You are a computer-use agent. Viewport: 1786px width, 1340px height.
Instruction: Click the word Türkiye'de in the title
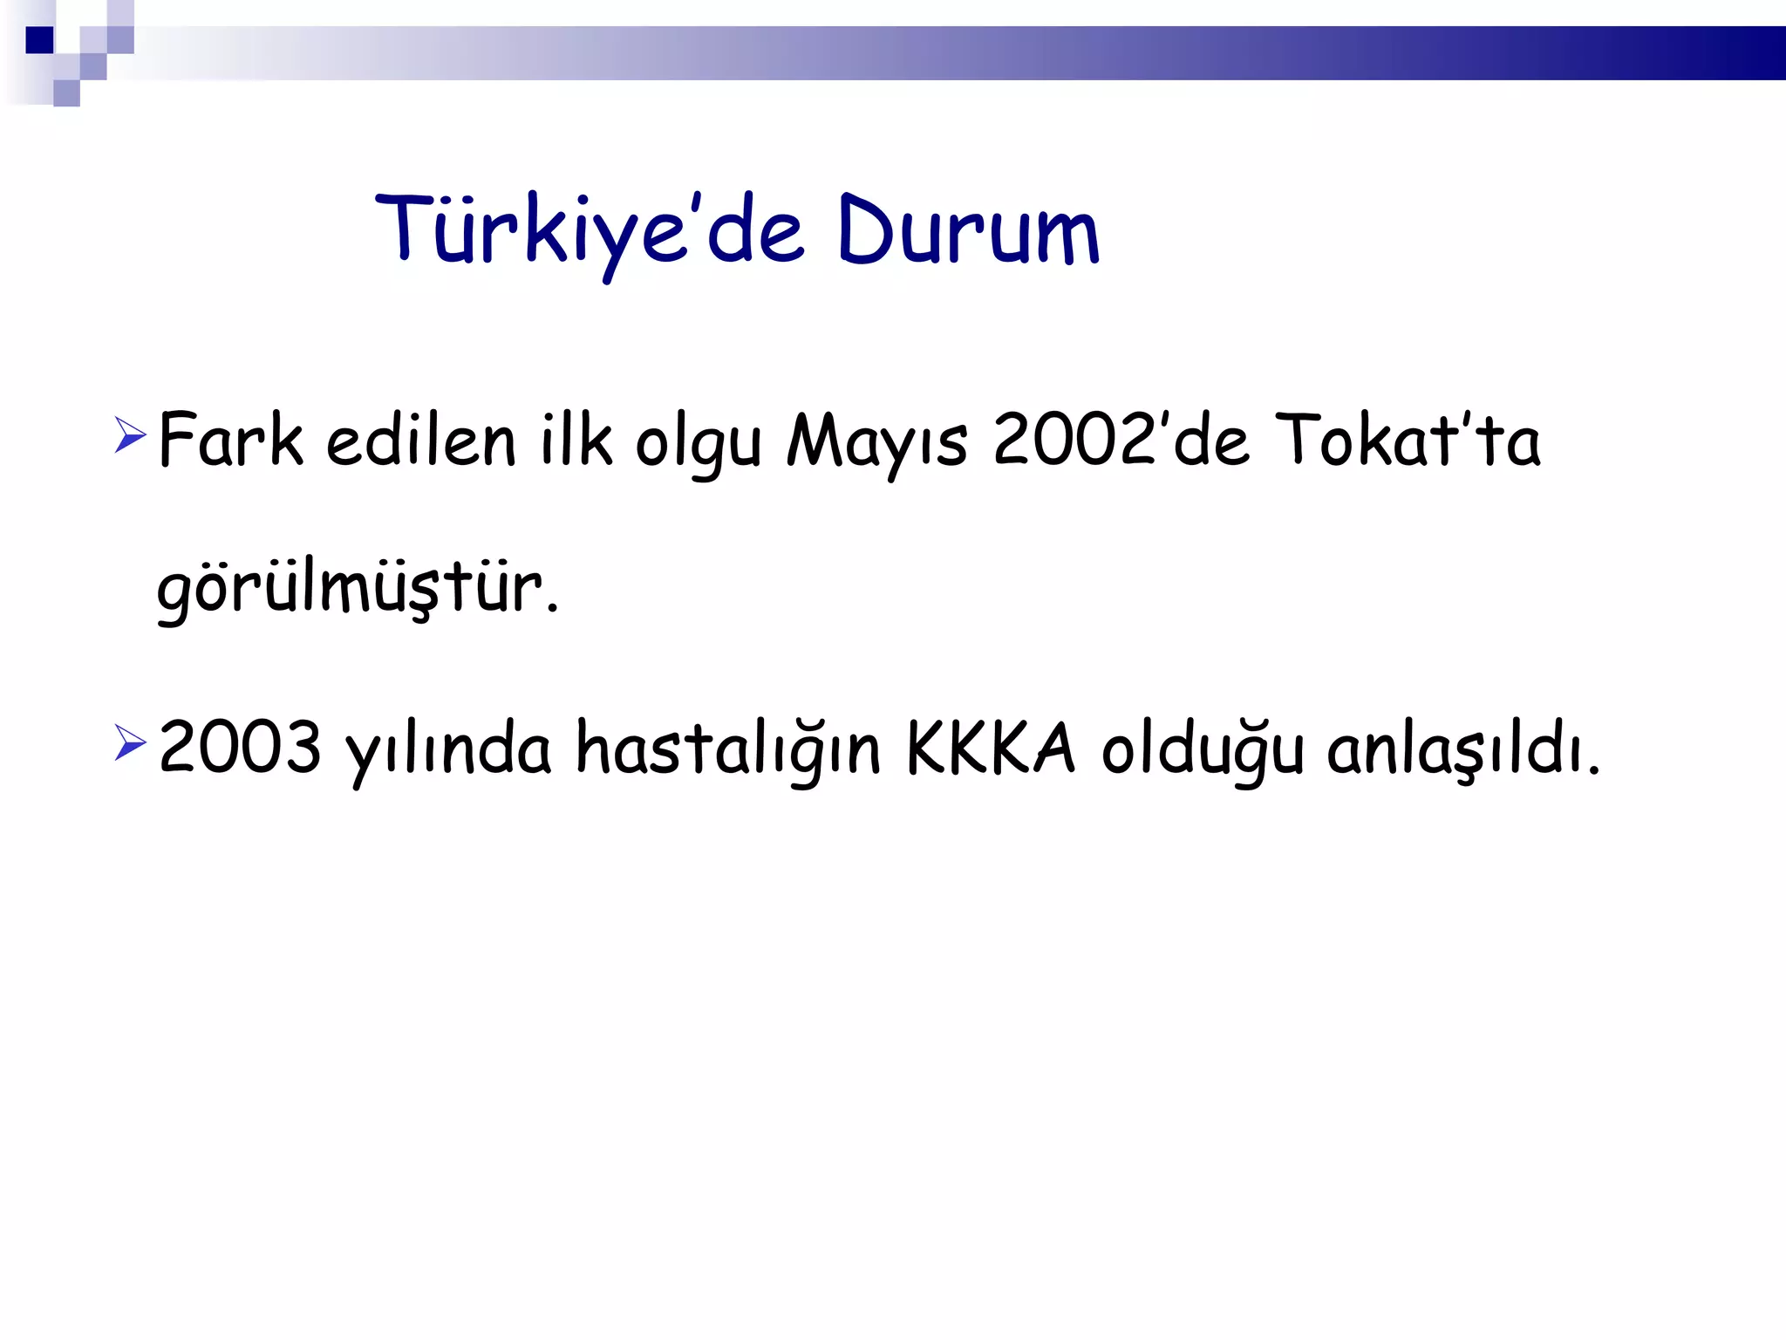[x=589, y=231]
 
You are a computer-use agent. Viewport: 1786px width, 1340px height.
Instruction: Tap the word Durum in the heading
[x=968, y=231]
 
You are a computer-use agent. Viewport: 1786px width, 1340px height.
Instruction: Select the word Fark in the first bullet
[x=230, y=441]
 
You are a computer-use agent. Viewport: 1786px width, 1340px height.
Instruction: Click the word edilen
[x=421, y=441]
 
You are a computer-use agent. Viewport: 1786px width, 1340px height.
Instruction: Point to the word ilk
[x=576, y=441]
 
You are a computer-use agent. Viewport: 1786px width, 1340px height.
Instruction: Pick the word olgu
[x=699, y=445]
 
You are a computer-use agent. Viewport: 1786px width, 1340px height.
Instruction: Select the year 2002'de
[x=1121, y=441]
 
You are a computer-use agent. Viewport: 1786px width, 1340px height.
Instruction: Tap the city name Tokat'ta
[x=1408, y=441]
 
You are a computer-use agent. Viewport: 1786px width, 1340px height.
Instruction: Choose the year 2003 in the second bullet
[x=240, y=749]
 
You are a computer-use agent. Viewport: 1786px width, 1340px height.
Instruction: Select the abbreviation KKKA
[x=991, y=749]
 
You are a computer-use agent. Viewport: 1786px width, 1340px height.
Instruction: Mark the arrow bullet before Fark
[x=130, y=434]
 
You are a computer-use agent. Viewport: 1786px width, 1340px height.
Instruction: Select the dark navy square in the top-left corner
[x=39, y=40]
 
